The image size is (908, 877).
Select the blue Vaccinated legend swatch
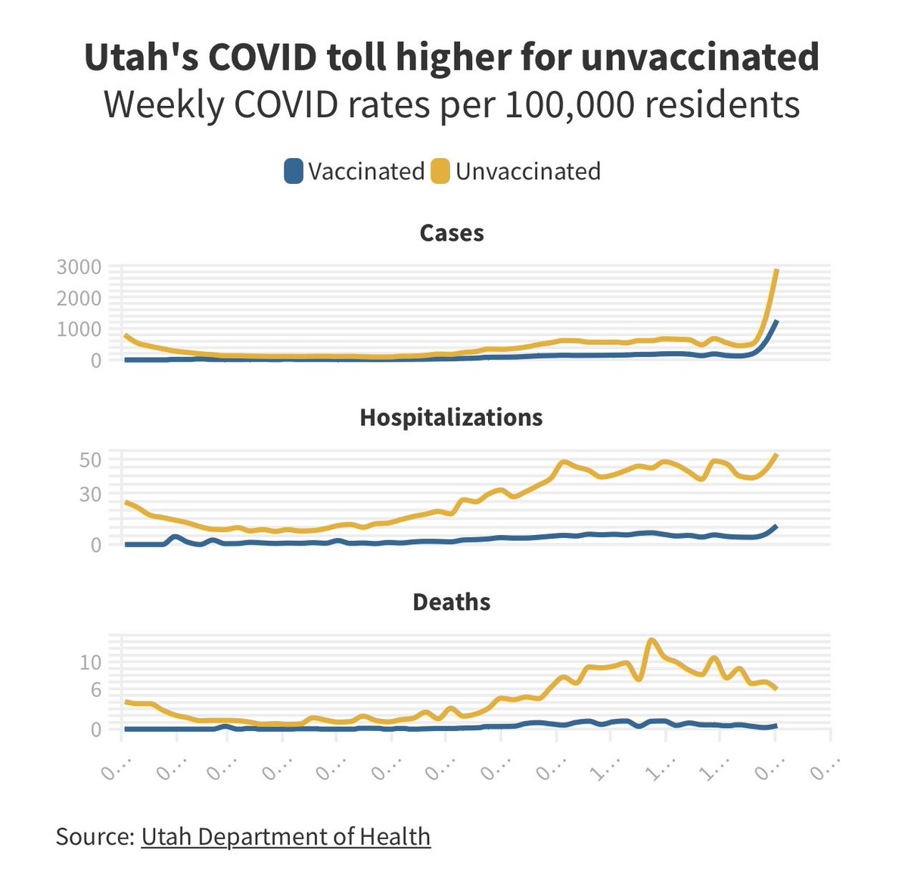click(x=294, y=171)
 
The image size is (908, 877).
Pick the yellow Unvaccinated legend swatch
click(x=440, y=171)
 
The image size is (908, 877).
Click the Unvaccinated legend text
click(x=528, y=171)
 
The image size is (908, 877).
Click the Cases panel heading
click(x=452, y=233)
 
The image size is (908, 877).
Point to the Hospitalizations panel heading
click(x=451, y=418)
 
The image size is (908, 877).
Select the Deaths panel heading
click(x=452, y=602)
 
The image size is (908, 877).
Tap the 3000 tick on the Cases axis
click(x=79, y=267)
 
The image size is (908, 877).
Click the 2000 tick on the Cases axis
click(x=79, y=298)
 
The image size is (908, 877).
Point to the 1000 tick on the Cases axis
click(x=79, y=329)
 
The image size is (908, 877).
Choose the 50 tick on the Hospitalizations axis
click(x=90, y=460)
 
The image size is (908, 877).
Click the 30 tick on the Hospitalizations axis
click(x=90, y=494)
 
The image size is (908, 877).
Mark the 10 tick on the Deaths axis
click(x=90, y=662)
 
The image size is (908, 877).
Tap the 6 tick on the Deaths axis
click(x=95, y=689)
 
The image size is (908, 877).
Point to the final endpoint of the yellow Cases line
click(x=776, y=270)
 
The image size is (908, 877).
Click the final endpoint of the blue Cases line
click(x=776, y=322)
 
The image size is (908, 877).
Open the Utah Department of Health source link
click(x=285, y=836)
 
